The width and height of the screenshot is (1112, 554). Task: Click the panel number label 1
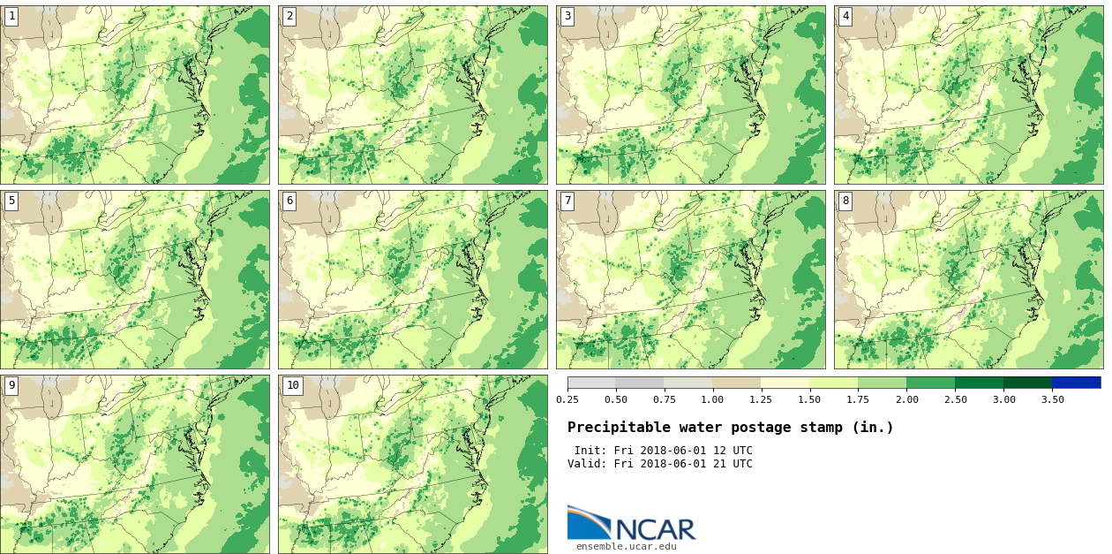(x=11, y=16)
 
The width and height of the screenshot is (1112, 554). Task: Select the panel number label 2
(x=289, y=16)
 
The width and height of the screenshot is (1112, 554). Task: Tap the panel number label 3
(x=567, y=16)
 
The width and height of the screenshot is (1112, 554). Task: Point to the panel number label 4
(x=845, y=16)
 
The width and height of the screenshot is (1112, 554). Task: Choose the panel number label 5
(x=11, y=201)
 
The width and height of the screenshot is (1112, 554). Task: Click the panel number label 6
(x=289, y=201)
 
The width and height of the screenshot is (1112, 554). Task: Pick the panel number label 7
(x=567, y=201)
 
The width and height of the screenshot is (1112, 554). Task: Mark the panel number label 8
(x=845, y=201)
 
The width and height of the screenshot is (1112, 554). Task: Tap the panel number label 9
(x=11, y=385)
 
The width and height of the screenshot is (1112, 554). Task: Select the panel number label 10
(x=292, y=385)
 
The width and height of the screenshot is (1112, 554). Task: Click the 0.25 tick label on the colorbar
(x=567, y=399)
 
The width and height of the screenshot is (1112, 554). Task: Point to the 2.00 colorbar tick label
(x=906, y=399)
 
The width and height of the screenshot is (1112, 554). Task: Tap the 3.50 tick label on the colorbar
(x=1052, y=399)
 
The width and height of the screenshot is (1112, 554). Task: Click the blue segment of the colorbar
(x=1076, y=383)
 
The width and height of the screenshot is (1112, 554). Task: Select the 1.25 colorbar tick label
(x=761, y=399)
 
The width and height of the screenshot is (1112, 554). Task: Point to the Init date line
(x=663, y=451)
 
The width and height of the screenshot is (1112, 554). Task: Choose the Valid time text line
(x=659, y=464)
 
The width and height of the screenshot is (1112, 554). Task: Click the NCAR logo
(x=631, y=523)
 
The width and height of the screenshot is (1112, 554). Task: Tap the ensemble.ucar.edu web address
(x=626, y=546)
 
